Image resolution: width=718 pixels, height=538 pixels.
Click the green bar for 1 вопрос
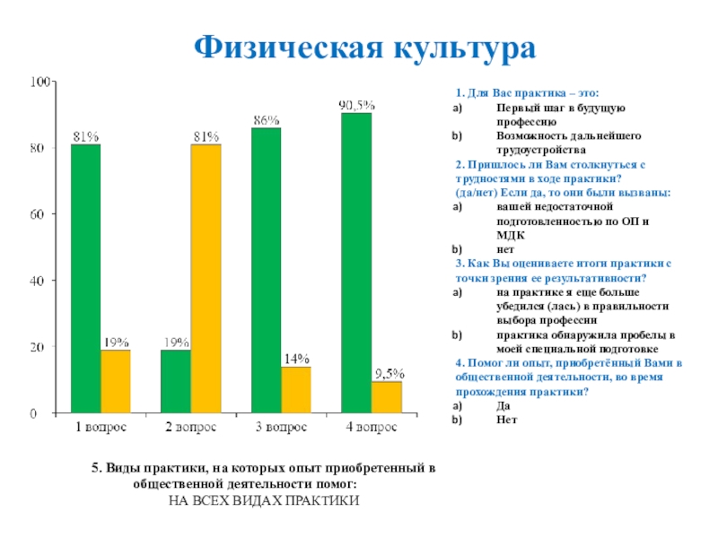85,278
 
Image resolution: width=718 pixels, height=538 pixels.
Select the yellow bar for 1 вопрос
115,381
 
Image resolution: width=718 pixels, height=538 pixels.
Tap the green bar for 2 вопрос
175,381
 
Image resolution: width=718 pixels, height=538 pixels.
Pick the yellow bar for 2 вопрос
206,278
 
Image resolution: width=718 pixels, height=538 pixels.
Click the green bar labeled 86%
266,270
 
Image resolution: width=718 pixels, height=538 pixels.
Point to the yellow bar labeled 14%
296,390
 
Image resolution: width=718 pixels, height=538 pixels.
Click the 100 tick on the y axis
39,82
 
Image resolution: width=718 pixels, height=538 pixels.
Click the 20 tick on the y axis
42,347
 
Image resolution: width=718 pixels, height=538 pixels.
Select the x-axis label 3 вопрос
280,429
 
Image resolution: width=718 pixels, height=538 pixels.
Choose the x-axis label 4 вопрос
372,429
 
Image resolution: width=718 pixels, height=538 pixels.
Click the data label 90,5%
356,105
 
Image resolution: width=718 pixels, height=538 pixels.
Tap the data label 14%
296,359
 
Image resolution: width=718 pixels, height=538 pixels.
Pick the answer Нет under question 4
506,420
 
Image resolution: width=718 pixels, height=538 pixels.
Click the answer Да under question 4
503,406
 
